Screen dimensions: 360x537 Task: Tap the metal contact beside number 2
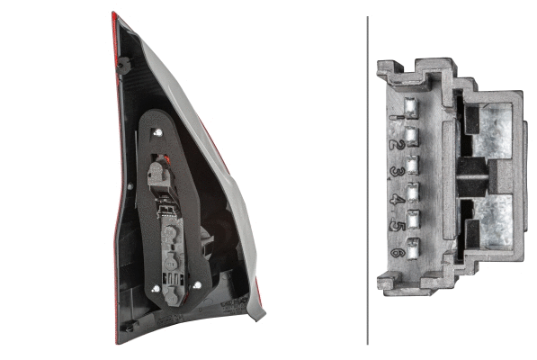(x=413, y=137)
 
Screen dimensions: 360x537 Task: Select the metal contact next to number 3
(x=413, y=165)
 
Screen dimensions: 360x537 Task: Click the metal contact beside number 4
(x=413, y=192)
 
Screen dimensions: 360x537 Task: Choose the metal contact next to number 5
(x=413, y=219)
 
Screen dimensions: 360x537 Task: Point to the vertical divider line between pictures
(x=368, y=180)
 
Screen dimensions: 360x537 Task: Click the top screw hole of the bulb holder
(x=158, y=133)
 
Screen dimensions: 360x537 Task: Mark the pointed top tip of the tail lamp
(x=114, y=13)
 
